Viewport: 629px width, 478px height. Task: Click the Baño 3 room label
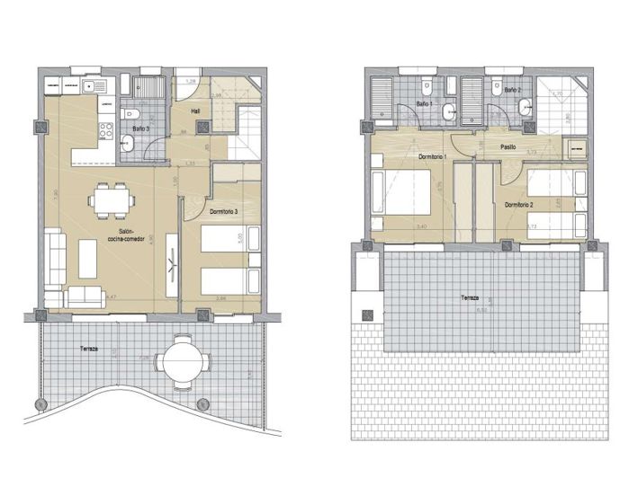141,128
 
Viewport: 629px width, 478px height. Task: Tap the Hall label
195,112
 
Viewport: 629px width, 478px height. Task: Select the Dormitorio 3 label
223,211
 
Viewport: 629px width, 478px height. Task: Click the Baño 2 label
512,90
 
